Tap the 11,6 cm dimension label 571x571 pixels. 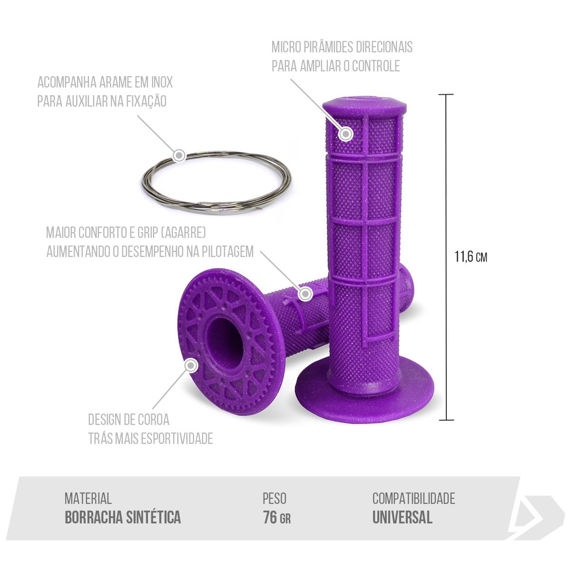coord(471,257)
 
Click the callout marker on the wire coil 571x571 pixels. coord(179,155)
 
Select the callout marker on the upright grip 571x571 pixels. coord(345,134)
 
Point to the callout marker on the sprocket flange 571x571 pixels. coord(191,365)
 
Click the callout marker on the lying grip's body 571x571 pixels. coord(305,294)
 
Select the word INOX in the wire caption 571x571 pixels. coord(162,82)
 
